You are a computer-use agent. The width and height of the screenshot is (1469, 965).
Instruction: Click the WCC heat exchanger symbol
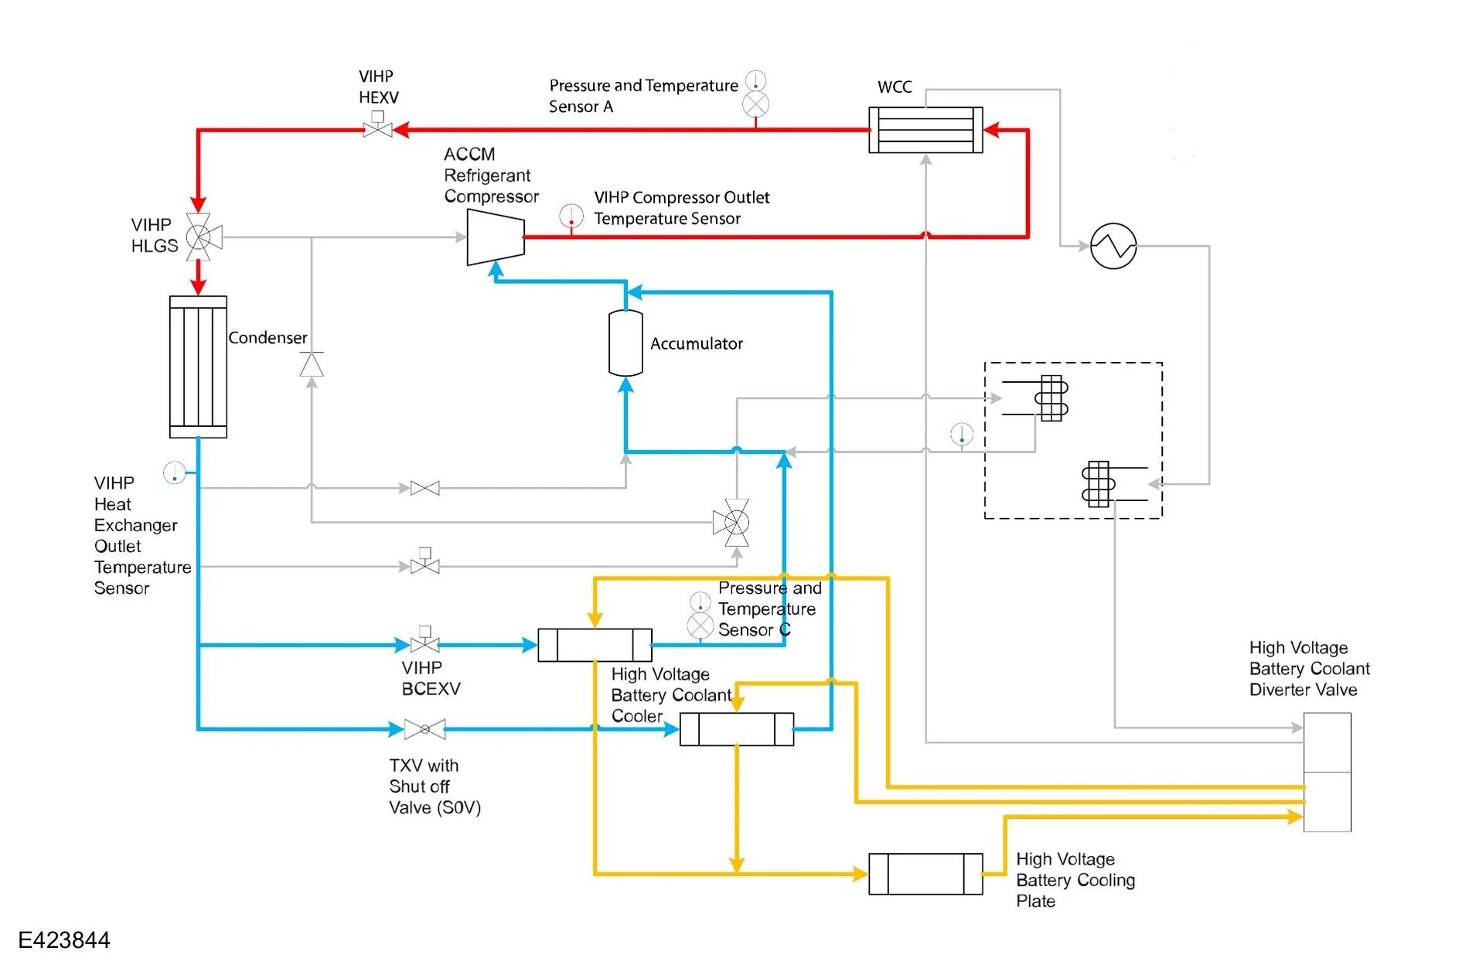pyautogui.click(x=925, y=130)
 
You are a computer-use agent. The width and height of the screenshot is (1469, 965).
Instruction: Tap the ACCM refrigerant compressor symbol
pyautogui.click(x=496, y=237)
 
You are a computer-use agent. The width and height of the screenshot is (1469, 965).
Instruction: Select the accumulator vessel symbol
pyautogui.click(x=625, y=343)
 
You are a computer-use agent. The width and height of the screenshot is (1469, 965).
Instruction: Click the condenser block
pyautogui.click(x=198, y=367)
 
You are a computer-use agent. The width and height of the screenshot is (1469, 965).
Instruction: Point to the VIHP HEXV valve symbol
pyautogui.click(x=378, y=125)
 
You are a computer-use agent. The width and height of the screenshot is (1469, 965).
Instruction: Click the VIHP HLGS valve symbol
pyautogui.click(x=203, y=237)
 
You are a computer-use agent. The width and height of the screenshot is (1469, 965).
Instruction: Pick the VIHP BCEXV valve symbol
pyautogui.click(x=424, y=640)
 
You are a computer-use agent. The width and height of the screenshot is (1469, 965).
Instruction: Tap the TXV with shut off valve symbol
pyautogui.click(x=424, y=729)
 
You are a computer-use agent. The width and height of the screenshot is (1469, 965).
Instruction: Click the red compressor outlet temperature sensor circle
pyautogui.click(x=571, y=216)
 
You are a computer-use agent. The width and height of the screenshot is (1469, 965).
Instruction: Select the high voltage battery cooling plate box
pyautogui.click(x=925, y=874)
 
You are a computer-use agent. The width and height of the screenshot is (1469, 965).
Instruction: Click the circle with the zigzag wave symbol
pyautogui.click(x=1113, y=246)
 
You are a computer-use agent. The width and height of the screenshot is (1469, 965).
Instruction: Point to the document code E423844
pyautogui.click(x=64, y=940)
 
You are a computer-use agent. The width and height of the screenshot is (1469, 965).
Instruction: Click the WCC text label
pyautogui.click(x=895, y=87)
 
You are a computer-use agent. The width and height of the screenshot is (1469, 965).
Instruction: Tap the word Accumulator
pyautogui.click(x=697, y=343)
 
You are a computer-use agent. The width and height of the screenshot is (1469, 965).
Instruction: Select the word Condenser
pyautogui.click(x=268, y=338)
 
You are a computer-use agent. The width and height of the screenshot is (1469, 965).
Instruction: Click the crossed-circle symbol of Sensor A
pyautogui.click(x=756, y=104)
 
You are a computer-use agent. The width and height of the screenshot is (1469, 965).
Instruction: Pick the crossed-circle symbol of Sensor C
pyautogui.click(x=700, y=626)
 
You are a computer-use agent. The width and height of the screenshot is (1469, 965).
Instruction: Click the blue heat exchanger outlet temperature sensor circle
pyautogui.click(x=175, y=472)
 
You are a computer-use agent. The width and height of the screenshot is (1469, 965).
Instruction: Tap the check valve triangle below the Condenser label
pyautogui.click(x=312, y=364)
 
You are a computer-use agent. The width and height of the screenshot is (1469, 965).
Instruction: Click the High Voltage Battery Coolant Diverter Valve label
pyautogui.click(x=1310, y=669)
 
